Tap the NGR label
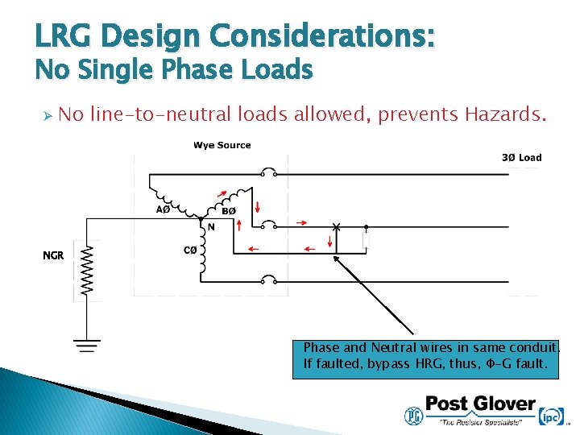coord(53,256)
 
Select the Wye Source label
coord(222,145)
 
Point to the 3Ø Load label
coord(521,157)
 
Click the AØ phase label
coord(163,209)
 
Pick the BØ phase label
coord(229,211)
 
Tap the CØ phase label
coord(190,251)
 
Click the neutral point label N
coord(211,227)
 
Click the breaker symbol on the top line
coord(270,172)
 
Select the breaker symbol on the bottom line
coord(270,281)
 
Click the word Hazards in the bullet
coord(505,115)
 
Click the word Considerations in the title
coord(322,36)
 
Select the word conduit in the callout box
coord(536,348)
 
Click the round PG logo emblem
coord(413,415)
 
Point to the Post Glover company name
coord(480,404)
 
